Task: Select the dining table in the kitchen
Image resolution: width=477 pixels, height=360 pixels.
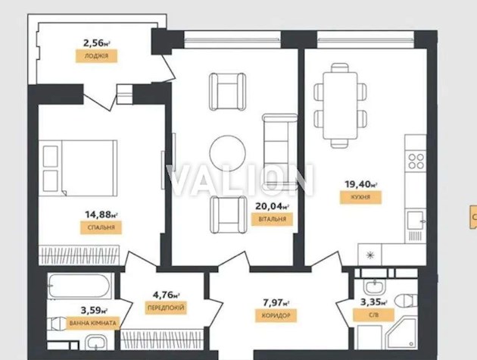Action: pos(338,105)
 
